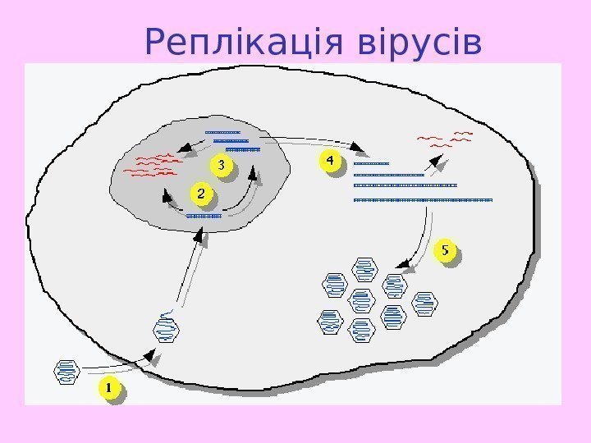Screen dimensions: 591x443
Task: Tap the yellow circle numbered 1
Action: (x=109, y=387)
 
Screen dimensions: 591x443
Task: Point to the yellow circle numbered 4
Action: (x=329, y=162)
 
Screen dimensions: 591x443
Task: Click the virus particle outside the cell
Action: (x=66, y=372)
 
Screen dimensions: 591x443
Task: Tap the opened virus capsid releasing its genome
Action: (x=166, y=326)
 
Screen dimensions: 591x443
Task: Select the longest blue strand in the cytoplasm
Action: (x=422, y=199)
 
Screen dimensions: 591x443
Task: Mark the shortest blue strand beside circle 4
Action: (x=370, y=164)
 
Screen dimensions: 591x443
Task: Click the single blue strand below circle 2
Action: (x=204, y=216)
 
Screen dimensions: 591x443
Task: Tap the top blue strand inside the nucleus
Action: (x=222, y=132)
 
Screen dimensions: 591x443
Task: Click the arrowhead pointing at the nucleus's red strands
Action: (x=186, y=150)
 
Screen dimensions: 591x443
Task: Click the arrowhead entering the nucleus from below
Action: (x=197, y=236)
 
